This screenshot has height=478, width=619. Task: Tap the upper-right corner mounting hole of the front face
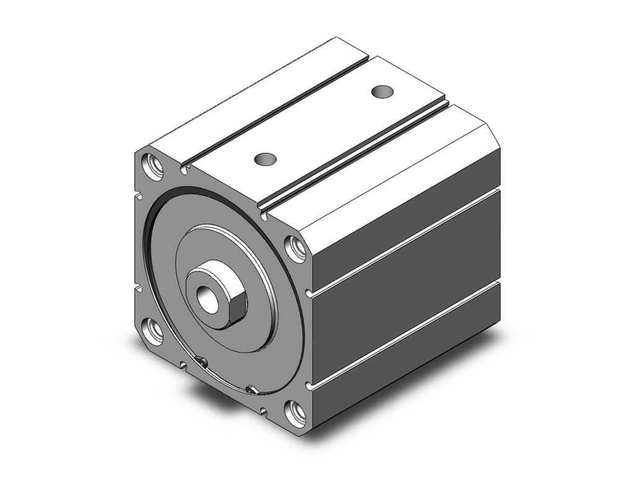coord(296,248)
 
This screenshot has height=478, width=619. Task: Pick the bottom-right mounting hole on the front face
coord(296,412)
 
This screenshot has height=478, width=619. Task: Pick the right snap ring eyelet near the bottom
coord(251,389)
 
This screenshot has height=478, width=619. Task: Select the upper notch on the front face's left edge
coord(139,198)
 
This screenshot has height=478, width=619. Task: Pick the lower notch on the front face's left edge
coord(139,288)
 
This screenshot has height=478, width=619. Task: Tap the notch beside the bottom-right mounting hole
coord(264,409)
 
